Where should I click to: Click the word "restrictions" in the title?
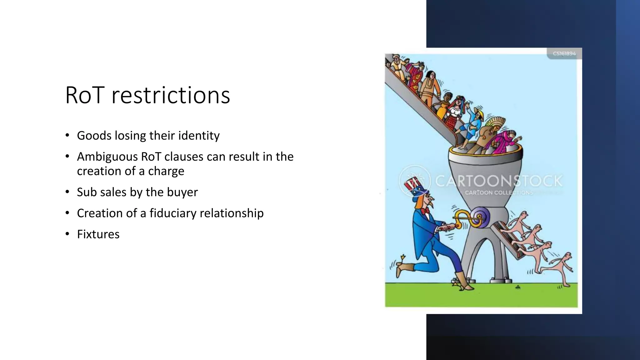pyautogui.click(x=171, y=95)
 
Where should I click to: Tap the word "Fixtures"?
pyautogui.click(x=98, y=234)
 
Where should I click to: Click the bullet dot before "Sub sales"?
pyautogui.click(x=67, y=192)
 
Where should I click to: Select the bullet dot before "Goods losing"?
pyautogui.click(x=67, y=135)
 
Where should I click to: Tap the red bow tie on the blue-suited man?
pyautogui.click(x=425, y=211)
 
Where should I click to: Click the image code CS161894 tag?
pyautogui.click(x=564, y=53)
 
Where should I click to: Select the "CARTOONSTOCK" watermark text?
pyautogui.click(x=499, y=181)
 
